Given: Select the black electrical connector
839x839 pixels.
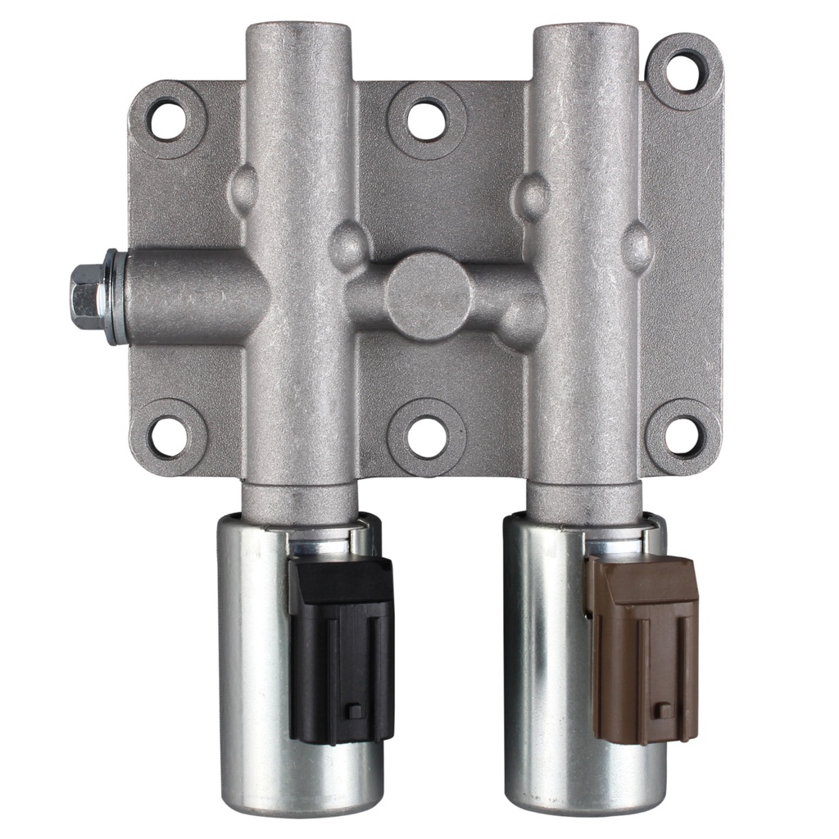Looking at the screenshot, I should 341,647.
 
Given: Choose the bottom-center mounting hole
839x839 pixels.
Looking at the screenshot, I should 427,437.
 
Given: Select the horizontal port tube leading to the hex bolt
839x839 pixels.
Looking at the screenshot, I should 188,297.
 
